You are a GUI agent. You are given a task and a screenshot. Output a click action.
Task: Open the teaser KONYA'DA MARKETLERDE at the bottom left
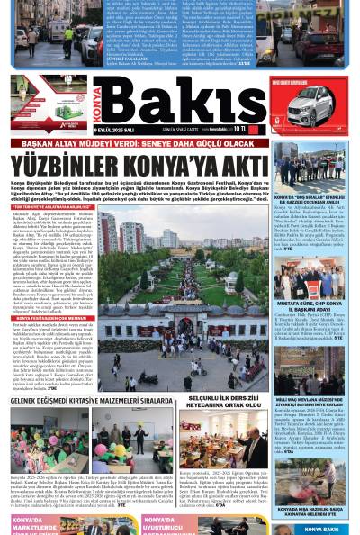pos(36,526)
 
